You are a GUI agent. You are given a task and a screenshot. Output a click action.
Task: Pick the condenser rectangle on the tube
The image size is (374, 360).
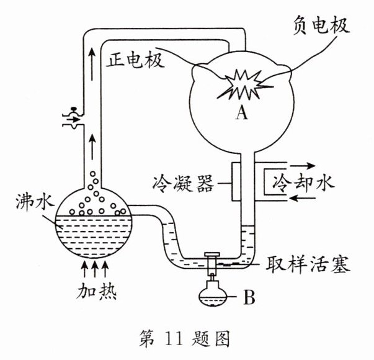pyautogui.click(x=237, y=181)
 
